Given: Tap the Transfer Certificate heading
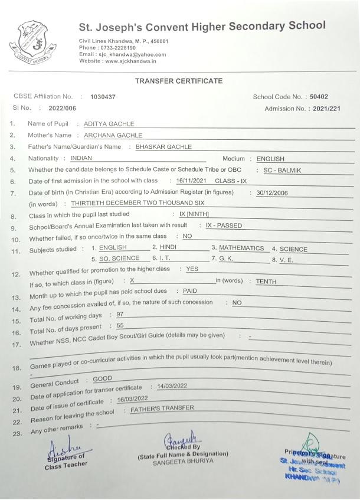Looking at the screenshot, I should click(x=179, y=80).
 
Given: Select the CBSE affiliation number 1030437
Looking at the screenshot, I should click(x=103, y=96).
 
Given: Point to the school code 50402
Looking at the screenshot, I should click(x=319, y=97).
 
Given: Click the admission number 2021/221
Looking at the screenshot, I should click(x=327, y=109).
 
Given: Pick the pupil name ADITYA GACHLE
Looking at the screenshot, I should click(x=109, y=124).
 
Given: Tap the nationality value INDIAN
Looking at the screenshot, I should click(x=81, y=158).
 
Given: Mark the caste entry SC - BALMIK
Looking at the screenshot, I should click(x=282, y=170).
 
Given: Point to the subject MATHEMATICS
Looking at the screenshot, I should click(x=241, y=248).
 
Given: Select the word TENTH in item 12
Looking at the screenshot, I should click(x=266, y=282).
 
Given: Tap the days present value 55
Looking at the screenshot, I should click(x=120, y=325).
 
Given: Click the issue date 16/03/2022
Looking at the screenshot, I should click(x=132, y=399).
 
